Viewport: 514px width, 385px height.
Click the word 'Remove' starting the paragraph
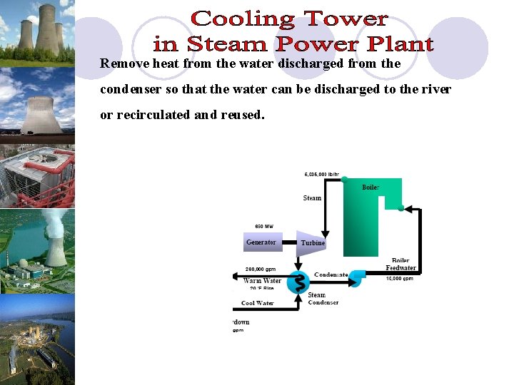tap(125, 63)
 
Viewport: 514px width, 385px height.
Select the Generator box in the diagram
tap(261, 242)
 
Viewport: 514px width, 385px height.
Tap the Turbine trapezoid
tap(311, 243)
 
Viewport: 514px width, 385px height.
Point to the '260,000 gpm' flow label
tap(261, 269)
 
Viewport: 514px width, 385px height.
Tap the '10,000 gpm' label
tap(400, 279)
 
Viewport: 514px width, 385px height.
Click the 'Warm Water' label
tap(262, 280)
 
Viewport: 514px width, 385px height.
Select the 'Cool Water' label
tap(258, 303)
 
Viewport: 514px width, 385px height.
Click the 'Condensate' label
tap(331, 274)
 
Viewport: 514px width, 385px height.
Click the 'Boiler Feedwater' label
tap(401, 265)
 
